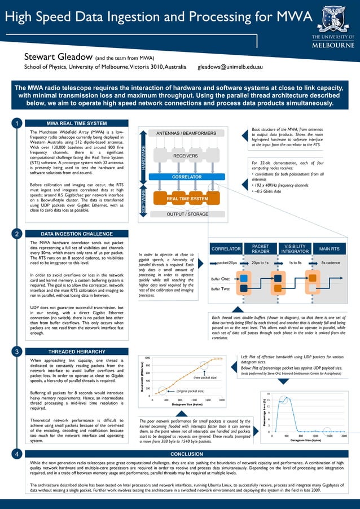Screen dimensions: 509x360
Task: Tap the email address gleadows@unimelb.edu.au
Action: pos(230,67)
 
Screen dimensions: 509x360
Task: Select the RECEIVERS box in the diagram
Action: pos(186,156)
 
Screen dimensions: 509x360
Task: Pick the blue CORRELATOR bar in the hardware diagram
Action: pos(187,177)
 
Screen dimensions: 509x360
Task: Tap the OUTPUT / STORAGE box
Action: pos(187,214)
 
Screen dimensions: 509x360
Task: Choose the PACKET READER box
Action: pos(260,249)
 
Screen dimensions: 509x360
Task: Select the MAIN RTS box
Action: pos(330,249)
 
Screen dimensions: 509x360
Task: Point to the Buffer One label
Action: pos(219,279)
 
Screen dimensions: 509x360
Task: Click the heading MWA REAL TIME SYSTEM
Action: pos(76,124)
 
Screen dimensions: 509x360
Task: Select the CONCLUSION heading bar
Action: pos(186,454)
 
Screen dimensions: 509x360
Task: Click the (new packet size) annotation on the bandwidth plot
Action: pos(205,378)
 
